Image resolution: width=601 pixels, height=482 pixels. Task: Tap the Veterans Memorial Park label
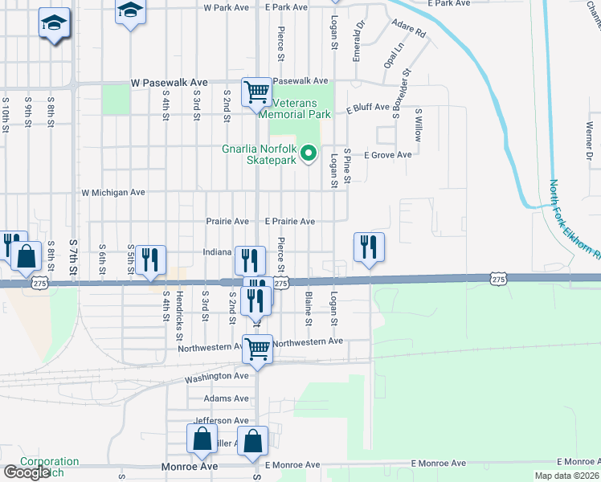(301, 108)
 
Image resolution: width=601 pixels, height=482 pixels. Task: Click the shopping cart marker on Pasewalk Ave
(256, 92)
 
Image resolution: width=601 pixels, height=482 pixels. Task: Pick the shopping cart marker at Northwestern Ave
(257, 349)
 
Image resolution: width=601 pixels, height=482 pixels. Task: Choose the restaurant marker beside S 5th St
(150, 259)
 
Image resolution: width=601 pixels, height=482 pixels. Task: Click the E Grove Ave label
(388, 155)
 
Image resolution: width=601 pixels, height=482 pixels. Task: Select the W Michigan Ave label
(113, 193)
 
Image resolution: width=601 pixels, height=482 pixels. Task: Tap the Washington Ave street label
(217, 377)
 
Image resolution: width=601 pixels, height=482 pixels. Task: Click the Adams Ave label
(227, 398)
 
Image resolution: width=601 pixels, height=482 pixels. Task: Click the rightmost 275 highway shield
(498, 279)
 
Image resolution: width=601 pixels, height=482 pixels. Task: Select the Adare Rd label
(408, 31)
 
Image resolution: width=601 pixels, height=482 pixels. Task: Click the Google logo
(27, 472)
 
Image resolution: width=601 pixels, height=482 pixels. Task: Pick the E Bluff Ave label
(368, 108)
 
